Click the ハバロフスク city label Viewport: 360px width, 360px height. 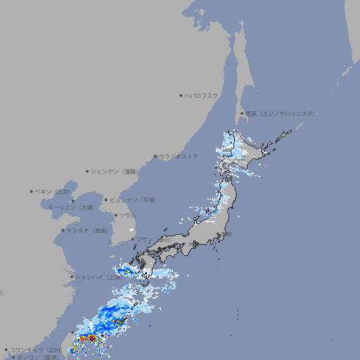tap(202, 95)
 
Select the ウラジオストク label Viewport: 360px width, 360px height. tap(179, 156)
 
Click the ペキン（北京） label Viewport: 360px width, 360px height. tap(53, 191)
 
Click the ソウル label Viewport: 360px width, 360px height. tap(127, 215)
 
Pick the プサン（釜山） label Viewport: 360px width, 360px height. tap(154, 240)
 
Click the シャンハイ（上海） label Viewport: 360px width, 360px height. tap(98, 277)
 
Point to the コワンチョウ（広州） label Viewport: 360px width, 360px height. tap(36, 349)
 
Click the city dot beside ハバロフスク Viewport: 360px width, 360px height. tap(181, 95)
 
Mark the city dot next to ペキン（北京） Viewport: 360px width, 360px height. tap(32, 191)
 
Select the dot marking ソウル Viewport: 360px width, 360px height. tap(115, 215)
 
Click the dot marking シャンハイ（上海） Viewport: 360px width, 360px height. tap(72, 277)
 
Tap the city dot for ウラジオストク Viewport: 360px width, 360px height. tap(155, 156)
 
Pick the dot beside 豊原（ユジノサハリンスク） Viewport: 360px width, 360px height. tap(242, 113)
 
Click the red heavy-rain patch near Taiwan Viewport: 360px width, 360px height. tap(91, 338)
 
